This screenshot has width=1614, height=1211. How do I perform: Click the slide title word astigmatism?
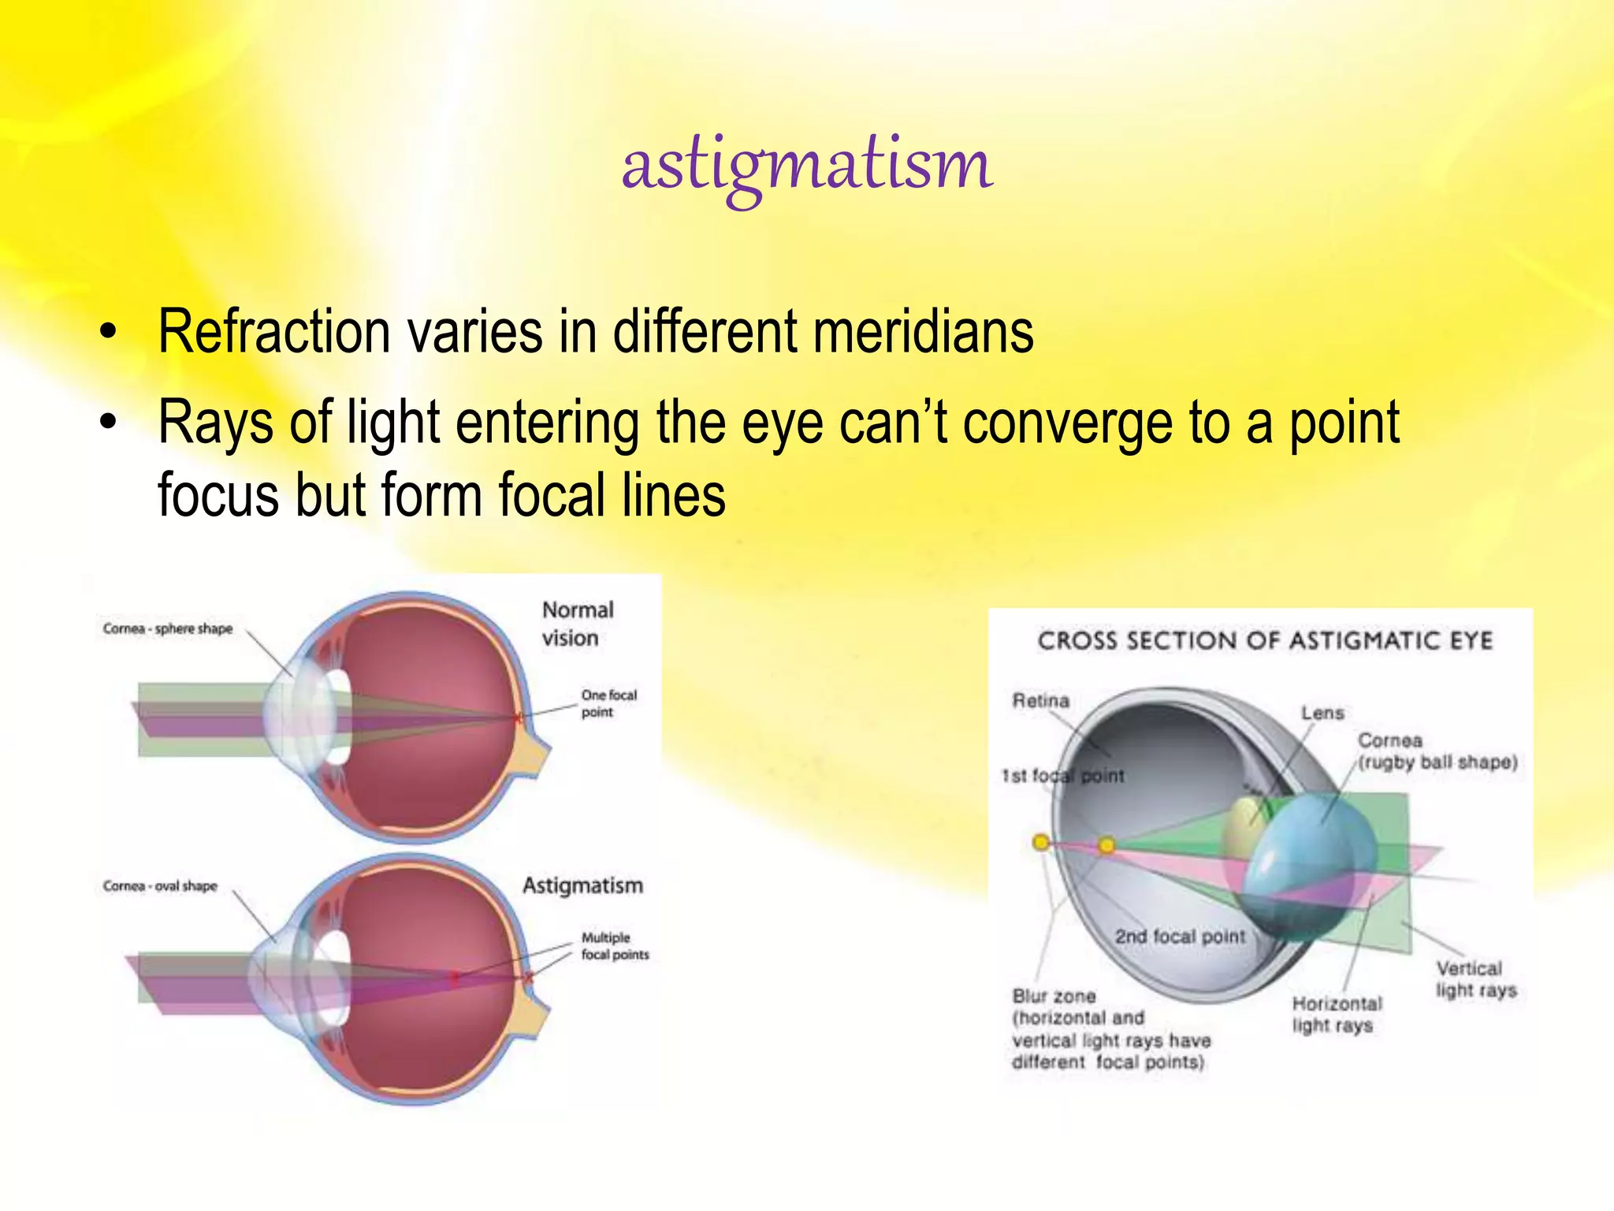pos(807,166)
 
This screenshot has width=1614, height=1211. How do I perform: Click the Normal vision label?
pos(577,624)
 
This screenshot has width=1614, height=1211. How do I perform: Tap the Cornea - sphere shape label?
pos(168,628)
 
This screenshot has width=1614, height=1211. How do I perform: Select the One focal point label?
pos(608,703)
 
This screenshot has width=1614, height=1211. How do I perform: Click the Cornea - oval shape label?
pos(160,886)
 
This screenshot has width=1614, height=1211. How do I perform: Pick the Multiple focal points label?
pos(614,945)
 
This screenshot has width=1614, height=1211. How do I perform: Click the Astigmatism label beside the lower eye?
pos(582,885)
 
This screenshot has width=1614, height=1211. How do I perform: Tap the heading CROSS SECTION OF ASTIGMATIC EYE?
pos(1264,640)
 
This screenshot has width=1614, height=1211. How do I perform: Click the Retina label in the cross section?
pos(1040,700)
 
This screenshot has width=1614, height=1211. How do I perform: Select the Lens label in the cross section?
pos(1322,713)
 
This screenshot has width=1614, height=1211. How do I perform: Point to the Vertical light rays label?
pos(1475,979)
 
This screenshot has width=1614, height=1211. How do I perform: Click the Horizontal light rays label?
pos(1336,1015)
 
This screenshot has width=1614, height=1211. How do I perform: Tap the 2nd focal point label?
pos(1180,937)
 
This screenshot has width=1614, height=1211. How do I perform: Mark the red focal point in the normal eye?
pos(519,718)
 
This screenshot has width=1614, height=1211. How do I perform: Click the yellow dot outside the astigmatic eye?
pos(1040,843)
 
